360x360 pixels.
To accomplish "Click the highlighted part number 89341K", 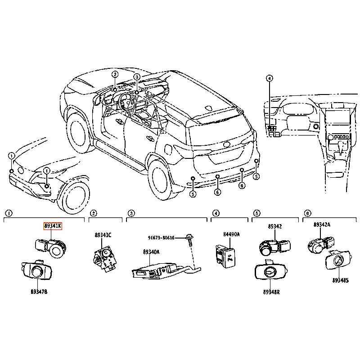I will tap(52, 226).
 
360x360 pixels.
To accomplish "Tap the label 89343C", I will tap(103, 235).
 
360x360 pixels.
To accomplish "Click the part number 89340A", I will tap(151, 252).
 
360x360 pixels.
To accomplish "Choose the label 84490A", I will tap(232, 234).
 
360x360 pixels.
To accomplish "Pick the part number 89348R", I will tap(271, 292).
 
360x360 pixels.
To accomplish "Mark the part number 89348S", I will tap(341, 281).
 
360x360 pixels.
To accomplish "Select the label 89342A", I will tap(322, 225).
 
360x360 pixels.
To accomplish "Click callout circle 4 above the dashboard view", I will tap(269, 78).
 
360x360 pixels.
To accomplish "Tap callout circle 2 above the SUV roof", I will tap(115, 75).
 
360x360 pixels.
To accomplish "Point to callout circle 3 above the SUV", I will tap(137, 77).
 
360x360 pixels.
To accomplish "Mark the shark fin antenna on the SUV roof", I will tap(208, 108).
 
